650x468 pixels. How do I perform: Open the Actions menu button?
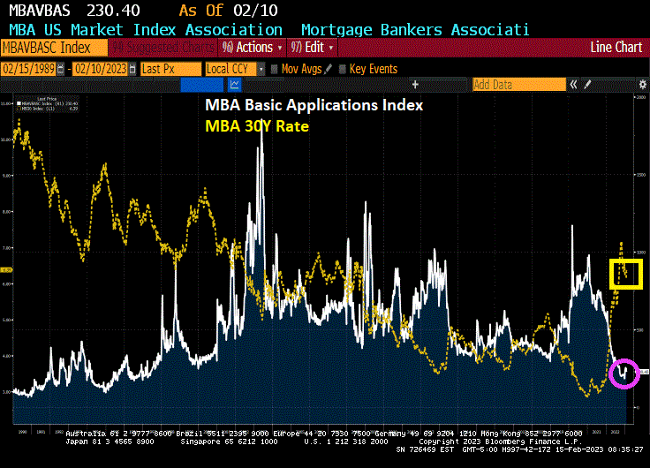[x=252, y=47]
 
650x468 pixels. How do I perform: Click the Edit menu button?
[x=313, y=47]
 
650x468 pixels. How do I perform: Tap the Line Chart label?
[x=616, y=47]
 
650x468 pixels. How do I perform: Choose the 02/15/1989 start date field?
[x=34, y=68]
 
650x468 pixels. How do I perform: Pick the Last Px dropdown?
[x=168, y=68]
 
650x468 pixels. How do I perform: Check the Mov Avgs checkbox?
[x=275, y=68]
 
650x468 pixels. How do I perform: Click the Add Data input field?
[x=518, y=85]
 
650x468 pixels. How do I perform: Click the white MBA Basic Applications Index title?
[x=314, y=105]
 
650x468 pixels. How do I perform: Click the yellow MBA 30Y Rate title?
[x=257, y=126]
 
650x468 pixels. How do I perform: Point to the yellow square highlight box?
[x=627, y=274]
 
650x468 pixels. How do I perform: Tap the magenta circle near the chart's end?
[x=625, y=373]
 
